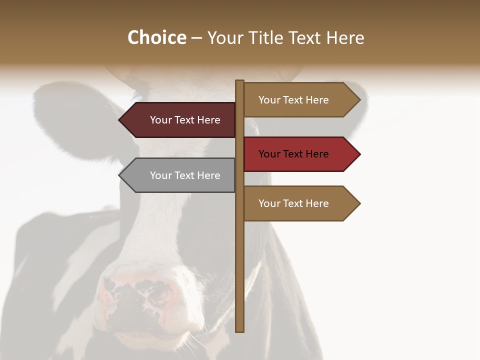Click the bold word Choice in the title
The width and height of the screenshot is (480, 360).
tap(156, 37)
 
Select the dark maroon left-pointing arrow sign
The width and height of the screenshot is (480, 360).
tap(177, 120)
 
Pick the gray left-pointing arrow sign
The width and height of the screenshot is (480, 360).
tap(177, 175)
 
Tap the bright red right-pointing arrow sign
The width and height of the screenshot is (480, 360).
tap(300, 154)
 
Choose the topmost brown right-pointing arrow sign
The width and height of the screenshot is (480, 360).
tap(300, 100)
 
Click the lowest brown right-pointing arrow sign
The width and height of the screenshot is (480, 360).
tap(300, 203)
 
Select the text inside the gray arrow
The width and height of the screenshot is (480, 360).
tap(185, 175)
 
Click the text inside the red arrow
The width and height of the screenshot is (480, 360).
tap(293, 154)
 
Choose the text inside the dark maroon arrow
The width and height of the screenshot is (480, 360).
tap(185, 120)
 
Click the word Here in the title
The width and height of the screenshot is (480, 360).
tap(345, 38)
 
